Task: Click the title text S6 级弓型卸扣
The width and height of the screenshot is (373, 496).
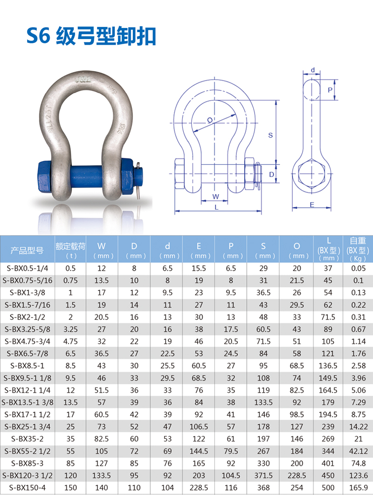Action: point(91,36)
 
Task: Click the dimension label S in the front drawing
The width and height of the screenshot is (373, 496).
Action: point(270,136)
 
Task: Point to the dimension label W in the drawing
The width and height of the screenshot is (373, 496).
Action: point(215,197)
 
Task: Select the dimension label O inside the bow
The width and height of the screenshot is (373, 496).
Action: point(210,120)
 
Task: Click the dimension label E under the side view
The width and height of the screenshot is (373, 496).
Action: point(311,204)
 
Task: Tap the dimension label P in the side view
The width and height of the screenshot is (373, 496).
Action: point(330,90)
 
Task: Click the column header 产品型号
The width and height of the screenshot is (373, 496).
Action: point(27,251)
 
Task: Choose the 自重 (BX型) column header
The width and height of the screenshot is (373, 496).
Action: point(358,249)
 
